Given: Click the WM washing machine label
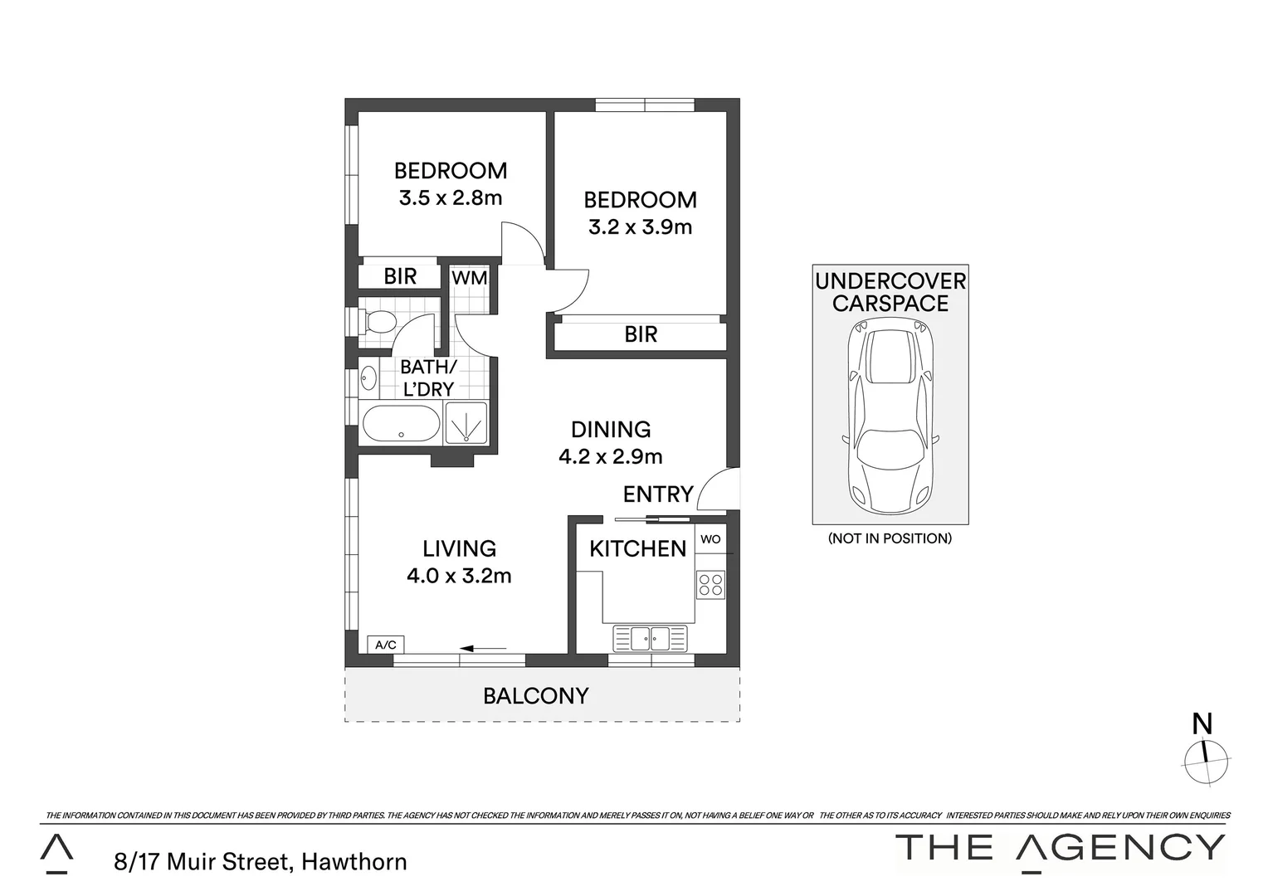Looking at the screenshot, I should coord(470,278).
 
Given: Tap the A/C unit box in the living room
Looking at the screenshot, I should coord(386,645).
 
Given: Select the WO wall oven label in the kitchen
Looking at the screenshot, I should coord(710,539).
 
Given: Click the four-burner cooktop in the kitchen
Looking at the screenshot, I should coord(710,584).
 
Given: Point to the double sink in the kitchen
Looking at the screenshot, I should coord(651,638).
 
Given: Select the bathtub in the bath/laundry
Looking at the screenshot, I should coord(401,424).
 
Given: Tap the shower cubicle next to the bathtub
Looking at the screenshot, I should coord(468,423).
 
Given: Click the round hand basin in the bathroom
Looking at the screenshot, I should coord(369,380).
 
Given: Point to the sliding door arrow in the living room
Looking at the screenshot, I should coord(483,648).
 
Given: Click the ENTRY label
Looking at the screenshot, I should coord(658,494).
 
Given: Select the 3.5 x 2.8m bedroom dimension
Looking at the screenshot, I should coord(451,198).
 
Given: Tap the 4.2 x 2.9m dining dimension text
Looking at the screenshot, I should coord(611,456).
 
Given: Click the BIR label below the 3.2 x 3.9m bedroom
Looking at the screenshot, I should coord(641,334).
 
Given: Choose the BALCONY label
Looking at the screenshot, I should coord(536,696).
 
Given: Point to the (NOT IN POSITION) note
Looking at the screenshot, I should coord(890,538).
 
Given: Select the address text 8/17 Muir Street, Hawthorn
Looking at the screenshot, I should coord(261,862).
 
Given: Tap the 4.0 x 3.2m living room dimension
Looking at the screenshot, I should coord(459,575).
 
